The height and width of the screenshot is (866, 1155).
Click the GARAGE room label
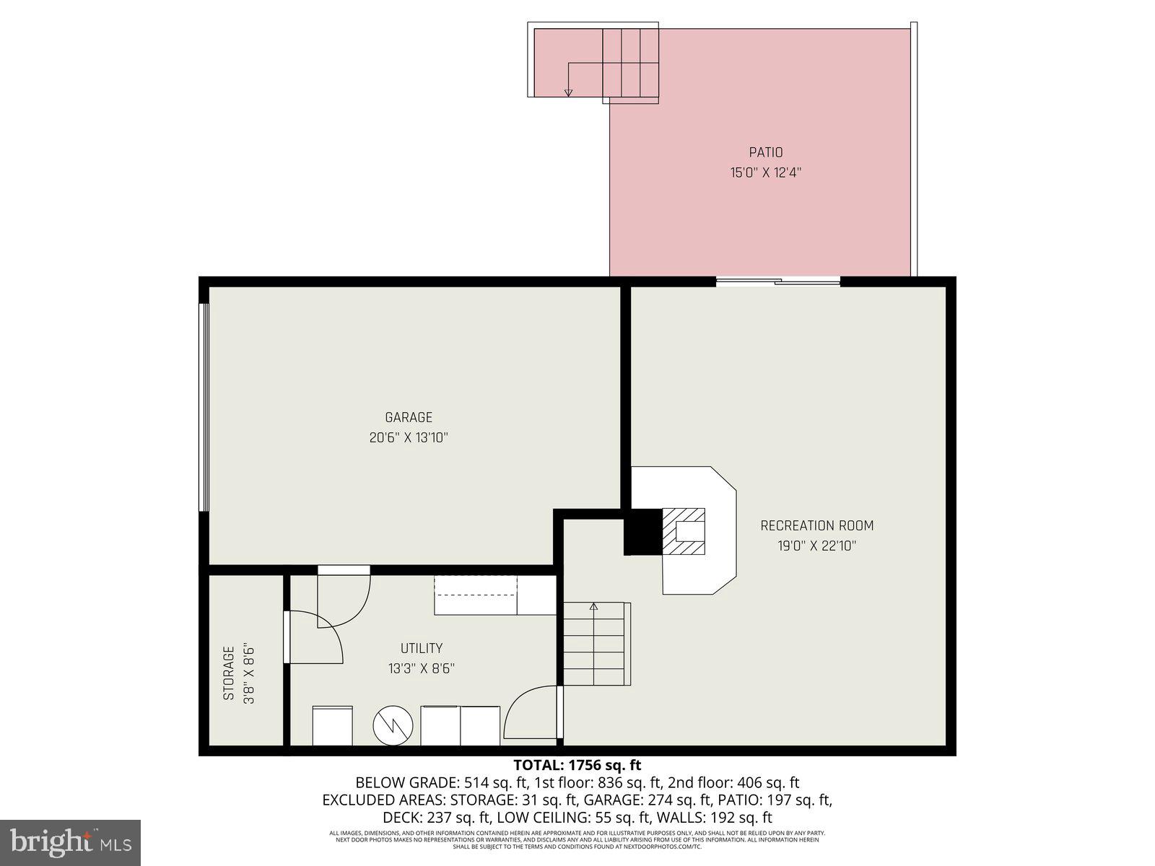[409, 417]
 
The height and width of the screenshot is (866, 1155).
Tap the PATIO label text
[765, 152]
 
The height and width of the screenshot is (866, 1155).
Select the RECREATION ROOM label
[816, 525]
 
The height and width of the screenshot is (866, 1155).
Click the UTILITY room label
[422, 648]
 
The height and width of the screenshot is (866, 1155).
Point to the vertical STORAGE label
[229, 673]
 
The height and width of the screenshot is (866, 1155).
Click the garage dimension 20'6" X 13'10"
[409, 437]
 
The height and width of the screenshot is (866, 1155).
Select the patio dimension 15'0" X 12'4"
[765, 172]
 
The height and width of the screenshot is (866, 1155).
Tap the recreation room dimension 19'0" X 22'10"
[816, 546]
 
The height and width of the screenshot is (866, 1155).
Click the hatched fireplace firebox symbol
[684, 531]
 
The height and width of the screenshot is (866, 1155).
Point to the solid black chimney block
[642, 532]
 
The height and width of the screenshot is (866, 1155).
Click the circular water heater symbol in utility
[393, 726]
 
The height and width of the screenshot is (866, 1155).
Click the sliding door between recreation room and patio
[778, 282]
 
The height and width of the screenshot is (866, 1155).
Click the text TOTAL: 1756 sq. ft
[577, 765]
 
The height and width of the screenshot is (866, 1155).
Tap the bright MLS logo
[71, 841]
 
